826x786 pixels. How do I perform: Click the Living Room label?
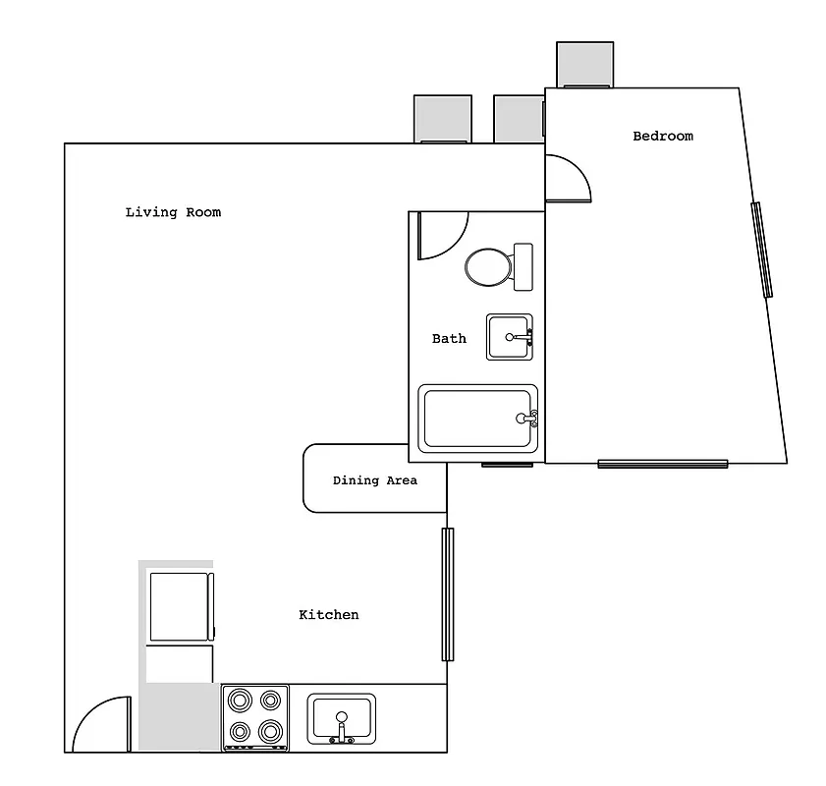[173, 212]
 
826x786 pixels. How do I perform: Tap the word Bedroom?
[662, 137]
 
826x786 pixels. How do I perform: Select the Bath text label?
[449, 339]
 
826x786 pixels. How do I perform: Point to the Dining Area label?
[374, 480]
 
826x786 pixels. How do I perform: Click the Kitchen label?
[328, 615]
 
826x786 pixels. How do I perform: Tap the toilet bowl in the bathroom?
[487, 266]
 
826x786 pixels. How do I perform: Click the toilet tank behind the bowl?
[523, 266]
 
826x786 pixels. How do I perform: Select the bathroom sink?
[509, 337]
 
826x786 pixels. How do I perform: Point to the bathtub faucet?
[527, 419]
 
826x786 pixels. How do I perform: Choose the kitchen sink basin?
[341, 718]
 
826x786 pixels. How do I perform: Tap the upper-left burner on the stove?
[240, 701]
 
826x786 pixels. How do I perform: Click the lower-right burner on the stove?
[270, 732]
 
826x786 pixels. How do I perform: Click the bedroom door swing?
[568, 178]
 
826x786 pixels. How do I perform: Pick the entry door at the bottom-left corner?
[102, 725]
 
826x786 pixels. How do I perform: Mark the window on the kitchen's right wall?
[448, 594]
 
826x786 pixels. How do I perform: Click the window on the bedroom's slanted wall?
[762, 250]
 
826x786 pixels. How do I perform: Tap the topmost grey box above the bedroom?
[584, 64]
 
